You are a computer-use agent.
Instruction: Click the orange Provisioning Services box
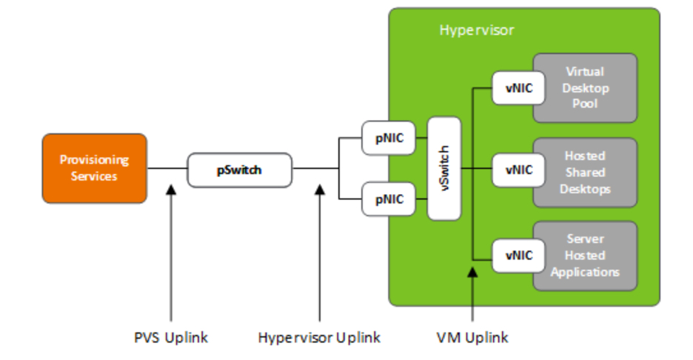pyautogui.click(x=94, y=168)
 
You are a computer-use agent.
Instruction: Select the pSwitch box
pyautogui.click(x=239, y=170)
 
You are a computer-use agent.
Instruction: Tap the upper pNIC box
pyautogui.click(x=389, y=138)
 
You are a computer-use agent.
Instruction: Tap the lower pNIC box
pyautogui.click(x=389, y=199)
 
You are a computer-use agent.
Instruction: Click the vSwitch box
pyautogui.click(x=445, y=168)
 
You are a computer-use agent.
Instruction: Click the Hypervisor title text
pyautogui.click(x=476, y=30)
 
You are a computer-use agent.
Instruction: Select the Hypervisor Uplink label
pyautogui.click(x=319, y=338)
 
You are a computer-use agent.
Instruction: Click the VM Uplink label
pyautogui.click(x=474, y=338)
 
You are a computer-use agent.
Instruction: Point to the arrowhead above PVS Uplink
pyautogui.click(x=171, y=190)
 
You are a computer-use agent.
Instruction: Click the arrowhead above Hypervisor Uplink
pyautogui.click(x=320, y=190)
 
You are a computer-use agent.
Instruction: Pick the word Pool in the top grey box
pyautogui.click(x=585, y=104)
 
